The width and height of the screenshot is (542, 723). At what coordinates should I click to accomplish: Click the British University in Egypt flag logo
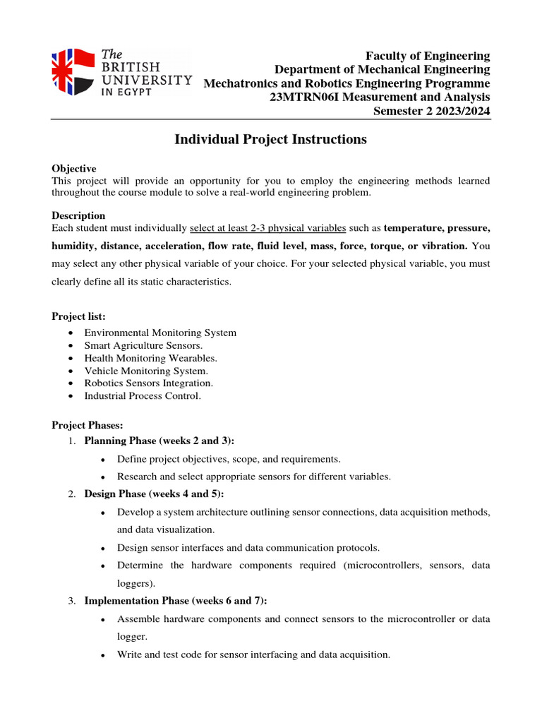73,73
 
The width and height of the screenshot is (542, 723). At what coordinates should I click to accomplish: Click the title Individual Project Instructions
270,140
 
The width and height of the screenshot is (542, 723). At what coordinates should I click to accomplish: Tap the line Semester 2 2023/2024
431,112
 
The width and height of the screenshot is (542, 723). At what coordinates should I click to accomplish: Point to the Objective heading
74,169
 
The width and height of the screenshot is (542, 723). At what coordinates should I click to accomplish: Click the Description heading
78,215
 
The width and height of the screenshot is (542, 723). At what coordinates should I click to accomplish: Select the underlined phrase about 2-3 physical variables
268,228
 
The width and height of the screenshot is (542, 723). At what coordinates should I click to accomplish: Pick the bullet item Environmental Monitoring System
160,333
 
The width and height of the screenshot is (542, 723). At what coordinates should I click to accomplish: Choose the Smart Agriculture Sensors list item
143,345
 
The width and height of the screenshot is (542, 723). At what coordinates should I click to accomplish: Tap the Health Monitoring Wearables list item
150,358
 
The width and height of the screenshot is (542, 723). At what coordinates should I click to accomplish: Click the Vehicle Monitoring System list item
146,371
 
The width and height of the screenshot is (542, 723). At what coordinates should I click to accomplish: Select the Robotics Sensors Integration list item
148,383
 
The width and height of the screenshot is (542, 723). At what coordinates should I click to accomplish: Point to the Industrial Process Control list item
143,396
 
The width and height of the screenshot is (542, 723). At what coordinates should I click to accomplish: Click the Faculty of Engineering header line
427,56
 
